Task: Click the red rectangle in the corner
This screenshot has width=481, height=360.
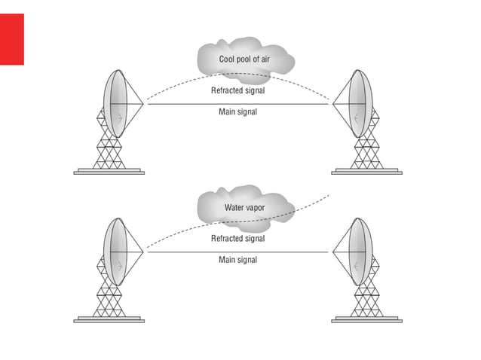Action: [12, 39]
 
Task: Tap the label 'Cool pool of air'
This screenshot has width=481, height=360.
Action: [244, 59]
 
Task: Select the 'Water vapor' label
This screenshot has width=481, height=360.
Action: [244, 207]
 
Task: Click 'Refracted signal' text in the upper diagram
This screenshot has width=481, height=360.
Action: [237, 90]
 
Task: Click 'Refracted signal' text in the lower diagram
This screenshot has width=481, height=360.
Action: [237, 239]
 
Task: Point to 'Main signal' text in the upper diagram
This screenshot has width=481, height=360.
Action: [237, 112]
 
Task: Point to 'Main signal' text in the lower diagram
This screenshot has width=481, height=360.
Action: [237, 260]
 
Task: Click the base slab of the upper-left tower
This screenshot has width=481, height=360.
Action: [109, 172]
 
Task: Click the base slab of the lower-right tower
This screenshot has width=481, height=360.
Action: [367, 320]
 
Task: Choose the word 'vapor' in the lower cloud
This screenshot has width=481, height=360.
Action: [254, 207]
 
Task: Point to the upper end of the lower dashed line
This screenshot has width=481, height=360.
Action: [329, 196]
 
